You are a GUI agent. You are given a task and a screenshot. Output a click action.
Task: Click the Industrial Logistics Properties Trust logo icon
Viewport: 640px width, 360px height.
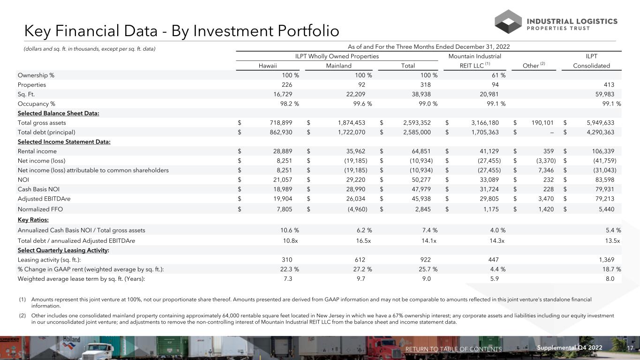[508, 22]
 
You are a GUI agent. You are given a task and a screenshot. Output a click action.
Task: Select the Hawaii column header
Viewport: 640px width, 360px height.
[268, 66]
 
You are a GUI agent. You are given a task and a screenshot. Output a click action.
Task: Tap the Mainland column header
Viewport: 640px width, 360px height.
[339, 66]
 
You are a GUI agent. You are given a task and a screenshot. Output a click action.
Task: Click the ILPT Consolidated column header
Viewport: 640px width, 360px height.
[592, 66]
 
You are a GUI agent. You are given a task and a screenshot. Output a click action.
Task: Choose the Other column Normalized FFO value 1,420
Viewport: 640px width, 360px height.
[546, 210]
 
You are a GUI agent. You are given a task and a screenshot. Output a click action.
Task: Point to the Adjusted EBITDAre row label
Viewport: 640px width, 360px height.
[44, 199]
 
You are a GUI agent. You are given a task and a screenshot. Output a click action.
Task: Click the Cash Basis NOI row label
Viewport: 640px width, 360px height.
[38, 189]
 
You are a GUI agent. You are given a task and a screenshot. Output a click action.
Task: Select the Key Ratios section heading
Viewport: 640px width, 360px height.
[33, 220]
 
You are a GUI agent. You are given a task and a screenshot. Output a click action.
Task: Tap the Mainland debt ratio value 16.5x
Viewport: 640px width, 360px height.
[363, 240]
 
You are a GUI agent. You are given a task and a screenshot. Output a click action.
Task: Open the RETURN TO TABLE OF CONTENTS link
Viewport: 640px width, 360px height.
[453, 349]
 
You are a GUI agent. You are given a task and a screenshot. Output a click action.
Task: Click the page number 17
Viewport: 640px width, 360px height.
[630, 348]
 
